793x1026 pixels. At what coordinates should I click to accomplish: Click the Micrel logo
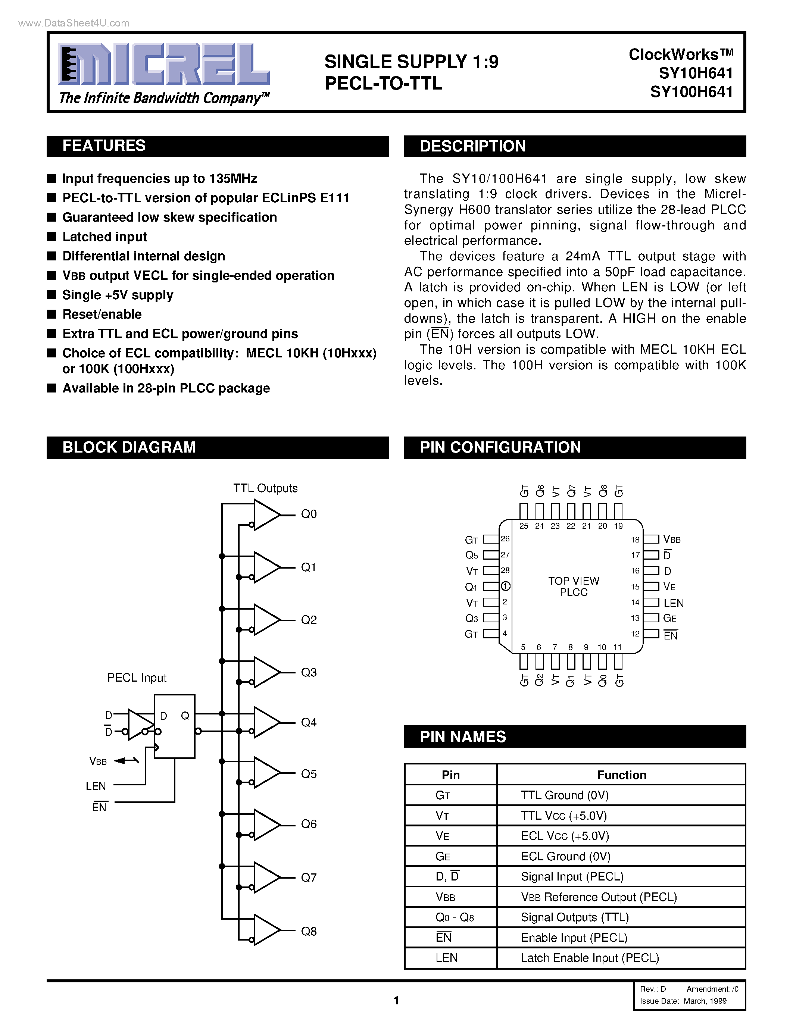tap(163, 65)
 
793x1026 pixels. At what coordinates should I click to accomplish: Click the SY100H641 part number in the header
tap(691, 92)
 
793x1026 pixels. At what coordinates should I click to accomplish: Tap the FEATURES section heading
tap(104, 146)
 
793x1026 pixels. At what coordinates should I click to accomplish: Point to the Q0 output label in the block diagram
tap(309, 514)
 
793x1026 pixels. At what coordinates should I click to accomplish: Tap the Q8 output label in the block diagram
tap(309, 932)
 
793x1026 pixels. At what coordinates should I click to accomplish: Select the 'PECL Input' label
tap(137, 678)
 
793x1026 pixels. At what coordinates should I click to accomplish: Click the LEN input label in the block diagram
tap(96, 786)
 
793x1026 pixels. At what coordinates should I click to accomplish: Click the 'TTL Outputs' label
tap(265, 488)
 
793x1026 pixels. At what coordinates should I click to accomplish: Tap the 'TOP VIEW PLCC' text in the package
tap(574, 586)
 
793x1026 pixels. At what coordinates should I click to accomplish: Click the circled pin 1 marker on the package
tap(506, 586)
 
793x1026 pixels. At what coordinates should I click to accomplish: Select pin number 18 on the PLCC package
tap(635, 540)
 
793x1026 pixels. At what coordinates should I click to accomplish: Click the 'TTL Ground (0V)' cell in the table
tap(565, 795)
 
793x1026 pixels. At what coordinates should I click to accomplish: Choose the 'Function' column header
tap(622, 775)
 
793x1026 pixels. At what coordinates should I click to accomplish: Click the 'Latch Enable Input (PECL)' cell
tap(590, 958)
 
